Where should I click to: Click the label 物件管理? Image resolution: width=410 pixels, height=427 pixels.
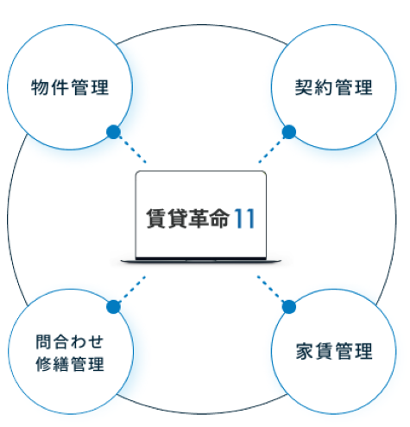[70, 87]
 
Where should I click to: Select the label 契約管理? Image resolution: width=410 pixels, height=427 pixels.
[334, 87]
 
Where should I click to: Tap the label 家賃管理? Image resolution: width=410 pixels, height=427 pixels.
[334, 351]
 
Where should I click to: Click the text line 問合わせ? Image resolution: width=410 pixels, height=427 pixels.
[69, 341]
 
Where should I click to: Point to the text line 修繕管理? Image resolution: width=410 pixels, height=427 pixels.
[70, 364]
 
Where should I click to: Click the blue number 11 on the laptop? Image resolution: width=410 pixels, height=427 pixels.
[244, 219]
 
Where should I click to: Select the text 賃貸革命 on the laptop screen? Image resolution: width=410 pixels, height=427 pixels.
[188, 219]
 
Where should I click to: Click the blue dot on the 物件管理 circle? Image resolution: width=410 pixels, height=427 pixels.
[114, 132]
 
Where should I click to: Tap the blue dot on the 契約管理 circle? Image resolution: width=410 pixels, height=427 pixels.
[289, 132]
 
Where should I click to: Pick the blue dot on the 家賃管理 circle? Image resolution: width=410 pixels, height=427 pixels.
[289, 307]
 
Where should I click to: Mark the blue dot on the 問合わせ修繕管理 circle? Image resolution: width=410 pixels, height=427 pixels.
[114, 307]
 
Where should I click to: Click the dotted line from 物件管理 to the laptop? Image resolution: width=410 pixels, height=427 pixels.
[133, 150]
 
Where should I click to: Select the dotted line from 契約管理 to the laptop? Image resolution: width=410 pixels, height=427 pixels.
[271, 150]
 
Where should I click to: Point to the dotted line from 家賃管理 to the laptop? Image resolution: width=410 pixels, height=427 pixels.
[271, 290]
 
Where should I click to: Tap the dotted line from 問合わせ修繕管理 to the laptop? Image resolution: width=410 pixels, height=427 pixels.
[132, 290]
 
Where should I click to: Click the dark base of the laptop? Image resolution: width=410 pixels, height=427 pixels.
[200, 261]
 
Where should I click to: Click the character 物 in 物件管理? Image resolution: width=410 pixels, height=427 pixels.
[40, 87]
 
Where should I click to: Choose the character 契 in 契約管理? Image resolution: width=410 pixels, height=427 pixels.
[304, 87]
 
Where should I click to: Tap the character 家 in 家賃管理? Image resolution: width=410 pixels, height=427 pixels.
[305, 351]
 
